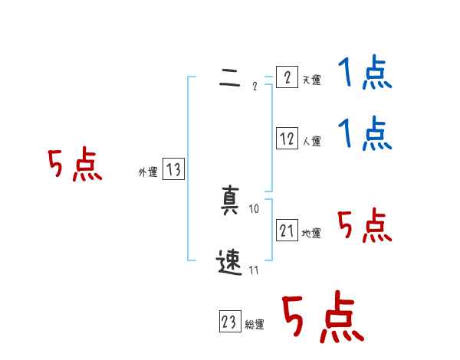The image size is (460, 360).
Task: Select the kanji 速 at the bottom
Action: [x=229, y=263]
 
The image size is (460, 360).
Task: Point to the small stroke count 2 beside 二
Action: [x=255, y=86]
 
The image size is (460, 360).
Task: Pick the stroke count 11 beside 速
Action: [x=255, y=270]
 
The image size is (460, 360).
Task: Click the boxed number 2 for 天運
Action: [x=287, y=77]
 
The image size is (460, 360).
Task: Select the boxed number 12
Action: [x=287, y=139]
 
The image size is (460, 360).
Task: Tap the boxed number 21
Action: [x=287, y=230]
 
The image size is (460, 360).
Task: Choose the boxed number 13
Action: [x=173, y=169]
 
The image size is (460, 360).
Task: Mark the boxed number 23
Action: [x=229, y=322]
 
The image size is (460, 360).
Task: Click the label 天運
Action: [x=311, y=80]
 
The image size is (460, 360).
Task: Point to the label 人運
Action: [x=311, y=141]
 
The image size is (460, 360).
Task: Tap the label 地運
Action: [x=311, y=233]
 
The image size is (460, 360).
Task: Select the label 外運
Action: [x=148, y=172]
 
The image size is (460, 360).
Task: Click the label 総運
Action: [x=255, y=325]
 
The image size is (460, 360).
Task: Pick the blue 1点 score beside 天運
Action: [x=365, y=74]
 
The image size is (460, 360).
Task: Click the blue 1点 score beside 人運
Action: [x=365, y=134]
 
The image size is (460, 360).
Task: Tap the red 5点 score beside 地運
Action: [x=364, y=226]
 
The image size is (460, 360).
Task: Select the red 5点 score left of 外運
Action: [x=74, y=165]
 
